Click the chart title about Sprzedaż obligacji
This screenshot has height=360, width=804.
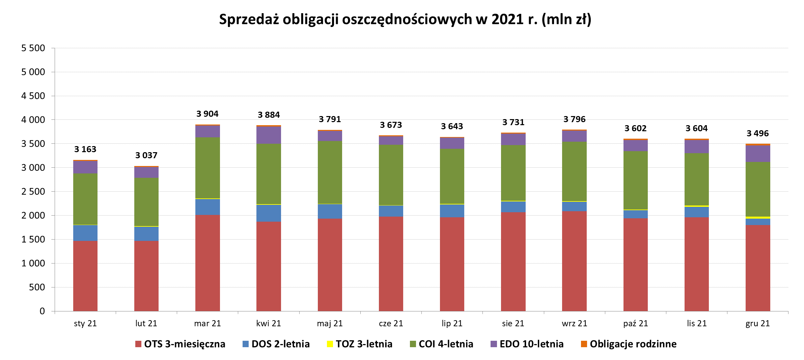coord(405,19)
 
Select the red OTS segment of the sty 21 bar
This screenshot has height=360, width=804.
coord(85,276)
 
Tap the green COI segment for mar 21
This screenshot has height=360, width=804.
coord(207,168)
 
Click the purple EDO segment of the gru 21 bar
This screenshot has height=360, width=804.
coord(758,154)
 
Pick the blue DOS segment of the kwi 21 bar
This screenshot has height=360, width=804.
coord(269,213)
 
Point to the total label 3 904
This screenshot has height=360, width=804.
coord(207,114)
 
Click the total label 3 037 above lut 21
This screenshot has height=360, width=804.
coord(146,155)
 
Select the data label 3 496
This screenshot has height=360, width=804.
coord(757,133)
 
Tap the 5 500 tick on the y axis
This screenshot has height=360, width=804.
coord(33,48)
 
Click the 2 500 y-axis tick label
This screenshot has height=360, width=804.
coord(33,192)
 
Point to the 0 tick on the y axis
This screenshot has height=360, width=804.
coord(42,311)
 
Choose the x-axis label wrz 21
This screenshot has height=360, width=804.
coord(574,323)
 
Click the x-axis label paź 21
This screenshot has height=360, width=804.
coord(635,323)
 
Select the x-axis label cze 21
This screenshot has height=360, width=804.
coord(391,323)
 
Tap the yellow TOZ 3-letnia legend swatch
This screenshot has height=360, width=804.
coord(330,344)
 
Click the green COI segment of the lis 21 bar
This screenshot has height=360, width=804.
coord(696,179)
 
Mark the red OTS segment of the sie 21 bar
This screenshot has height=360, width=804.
coord(513,261)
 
